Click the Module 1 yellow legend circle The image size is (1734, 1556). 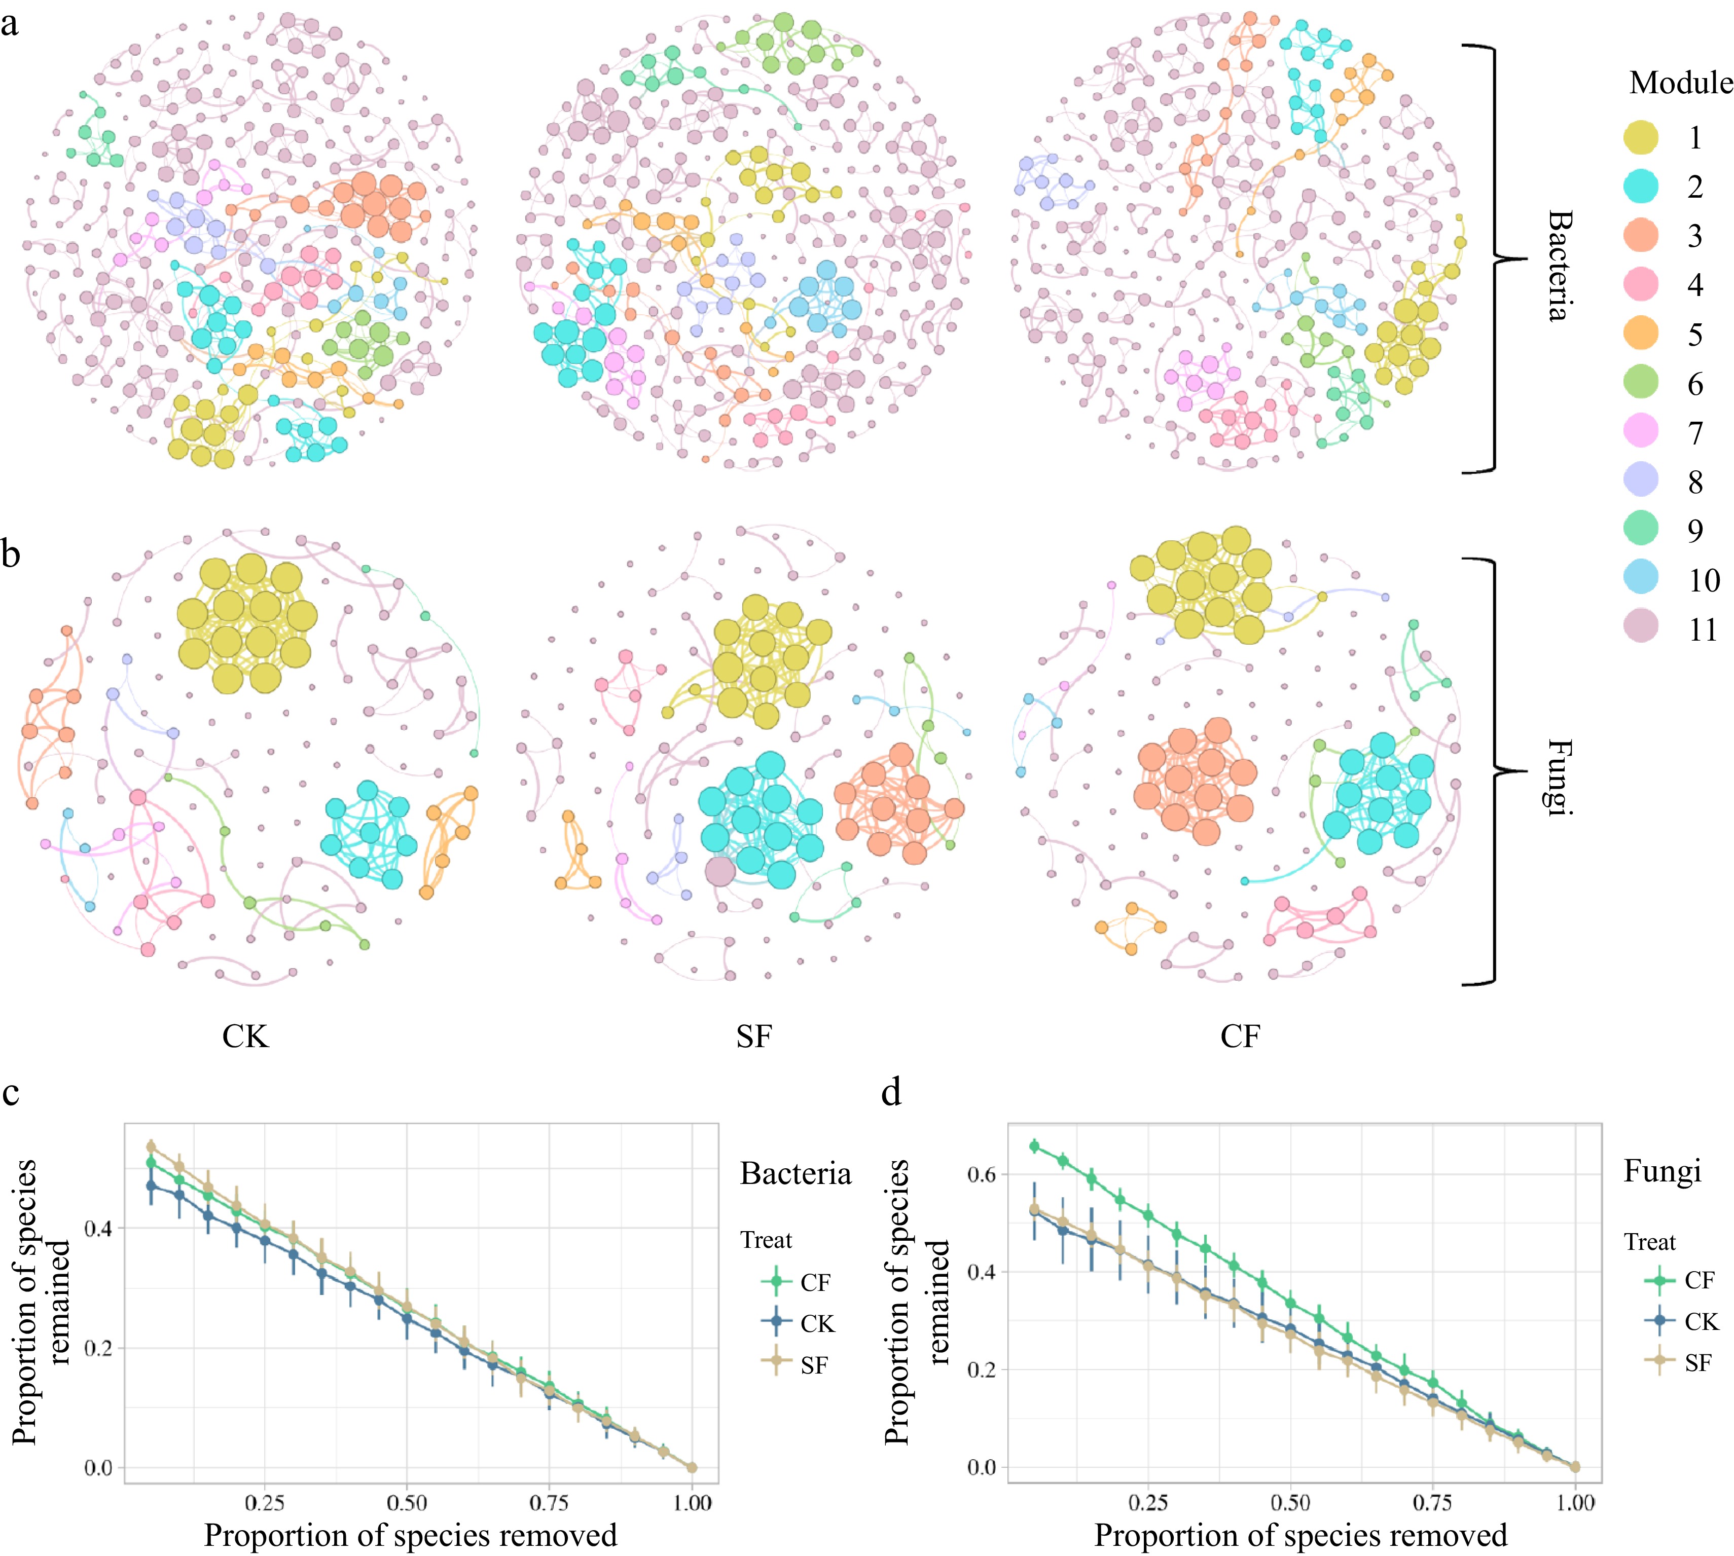click(1640, 137)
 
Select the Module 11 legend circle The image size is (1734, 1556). click(1640, 628)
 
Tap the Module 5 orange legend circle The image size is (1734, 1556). click(1640, 334)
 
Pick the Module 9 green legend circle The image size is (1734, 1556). click(1640, 530)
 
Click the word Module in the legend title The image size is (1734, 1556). click(1680, 83)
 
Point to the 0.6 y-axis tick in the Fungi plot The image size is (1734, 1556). click(980, 1175)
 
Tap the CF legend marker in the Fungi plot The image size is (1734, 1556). click(1659, 1280)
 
